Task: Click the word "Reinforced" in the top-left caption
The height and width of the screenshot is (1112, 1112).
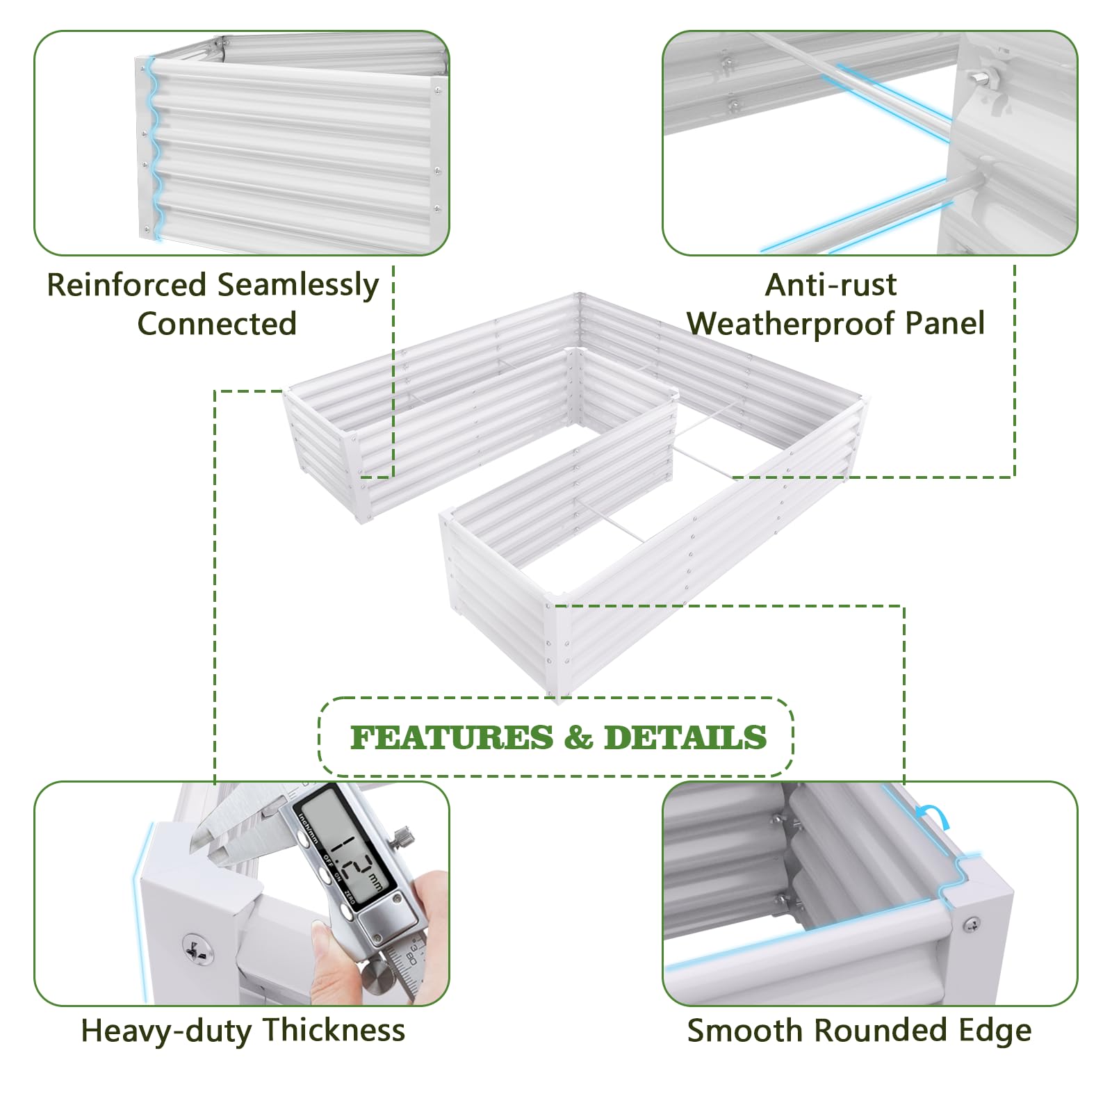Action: [x=127, y=285]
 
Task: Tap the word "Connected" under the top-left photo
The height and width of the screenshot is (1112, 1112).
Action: [x=217, y=324]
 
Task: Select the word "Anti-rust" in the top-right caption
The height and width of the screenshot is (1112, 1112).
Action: [x=831, y=285]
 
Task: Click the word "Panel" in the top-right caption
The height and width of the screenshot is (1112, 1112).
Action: [x=946, y=324]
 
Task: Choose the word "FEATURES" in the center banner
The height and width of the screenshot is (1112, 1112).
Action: [x=452, y=737]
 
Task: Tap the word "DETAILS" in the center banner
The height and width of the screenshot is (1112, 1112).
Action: [x=685, y=737]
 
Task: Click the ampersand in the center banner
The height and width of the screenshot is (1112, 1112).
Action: [x=578, y=737]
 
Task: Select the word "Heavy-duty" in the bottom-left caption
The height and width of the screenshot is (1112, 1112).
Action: [x=166, y=1031]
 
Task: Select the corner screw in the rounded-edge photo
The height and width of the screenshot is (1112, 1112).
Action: [x=971, y=924]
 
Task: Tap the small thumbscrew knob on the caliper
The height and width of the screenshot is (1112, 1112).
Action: [x=402, y=837]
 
